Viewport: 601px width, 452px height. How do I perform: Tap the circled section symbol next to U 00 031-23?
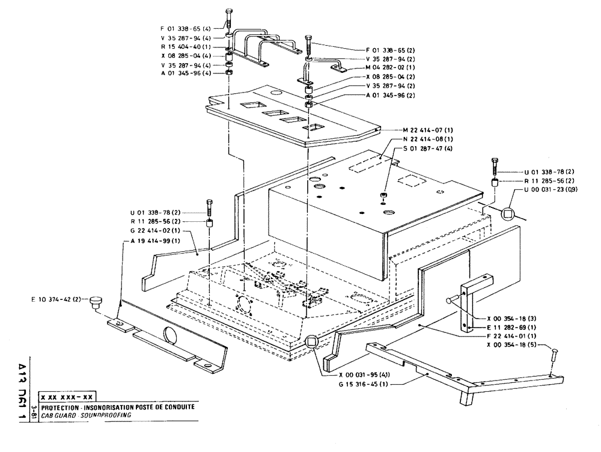point(509,213)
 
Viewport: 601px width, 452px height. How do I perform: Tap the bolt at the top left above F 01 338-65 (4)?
point(229,17)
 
